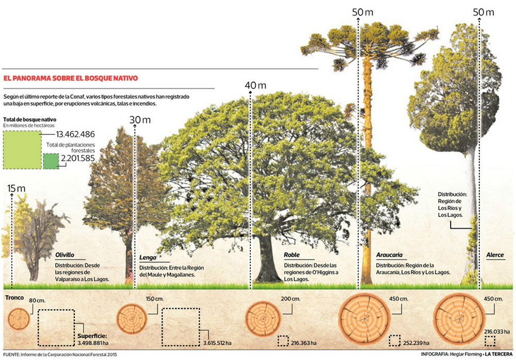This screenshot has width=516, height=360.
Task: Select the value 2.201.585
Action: pos(78,159)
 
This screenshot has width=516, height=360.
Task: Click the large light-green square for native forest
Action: pos(21,149)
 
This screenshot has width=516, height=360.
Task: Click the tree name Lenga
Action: pos(148,257)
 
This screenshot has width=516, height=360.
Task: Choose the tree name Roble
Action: pos(292,255)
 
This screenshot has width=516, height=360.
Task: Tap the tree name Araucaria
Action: pos(390,255)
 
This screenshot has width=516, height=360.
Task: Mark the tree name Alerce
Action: pos(495,255)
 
